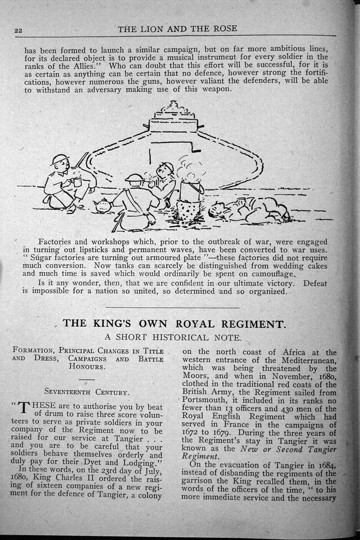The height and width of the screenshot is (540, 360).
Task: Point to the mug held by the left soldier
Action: [x=77, y=181]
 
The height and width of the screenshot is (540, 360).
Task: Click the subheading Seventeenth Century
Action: [x=86, y=392]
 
